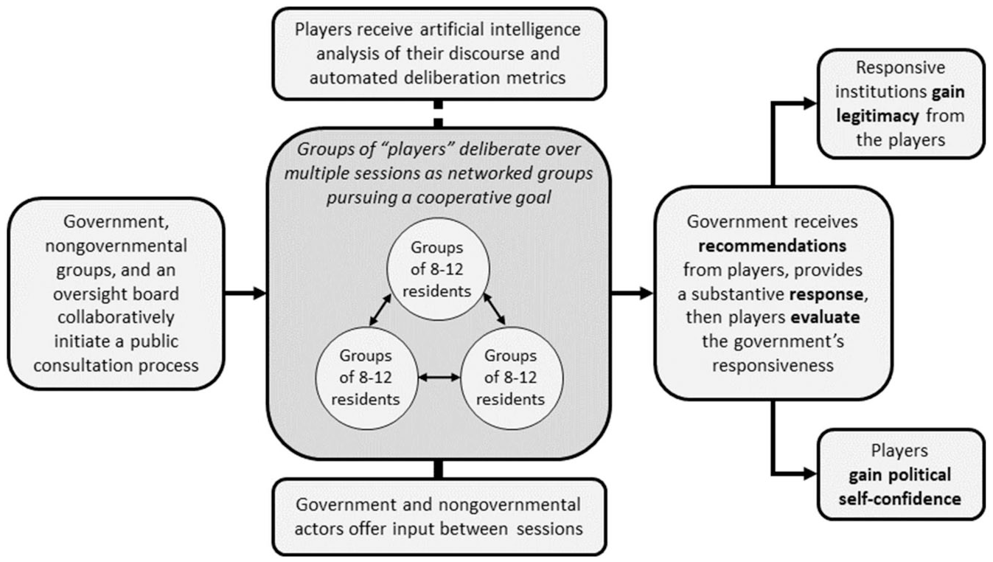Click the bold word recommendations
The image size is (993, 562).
(773, 246)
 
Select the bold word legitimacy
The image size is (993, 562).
(877, 117)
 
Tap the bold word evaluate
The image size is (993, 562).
(826, 318)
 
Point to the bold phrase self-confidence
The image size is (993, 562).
(899, 499)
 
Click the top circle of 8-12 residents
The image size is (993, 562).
(438, 268)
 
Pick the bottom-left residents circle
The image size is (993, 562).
(366, 378)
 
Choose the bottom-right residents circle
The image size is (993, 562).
(512, 378)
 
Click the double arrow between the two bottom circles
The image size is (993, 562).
(439, 378)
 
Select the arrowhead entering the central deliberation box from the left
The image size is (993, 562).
(259, 293)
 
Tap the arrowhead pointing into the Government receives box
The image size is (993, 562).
(647, 294)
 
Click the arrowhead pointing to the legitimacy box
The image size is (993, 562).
(810, 103)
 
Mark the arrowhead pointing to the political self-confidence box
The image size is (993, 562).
(810, 474)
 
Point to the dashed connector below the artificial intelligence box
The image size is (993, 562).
(438, 114)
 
